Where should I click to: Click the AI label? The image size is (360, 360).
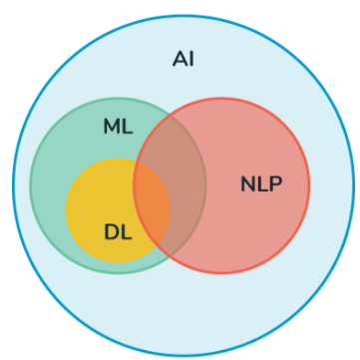tap(182, 59)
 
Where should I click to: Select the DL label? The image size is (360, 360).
tap(118, 232)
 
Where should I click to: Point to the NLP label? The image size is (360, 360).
tap(260, 183)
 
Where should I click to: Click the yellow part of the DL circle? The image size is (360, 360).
tap(100, 199)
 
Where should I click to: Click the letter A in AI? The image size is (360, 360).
tap(179, 59)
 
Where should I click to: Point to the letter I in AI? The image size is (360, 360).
tap(190, 59)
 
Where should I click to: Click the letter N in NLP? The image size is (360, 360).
tap(247, 183)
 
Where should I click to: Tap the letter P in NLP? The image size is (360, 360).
tap(275, 183)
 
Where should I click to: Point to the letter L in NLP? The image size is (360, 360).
tap(261, 183)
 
